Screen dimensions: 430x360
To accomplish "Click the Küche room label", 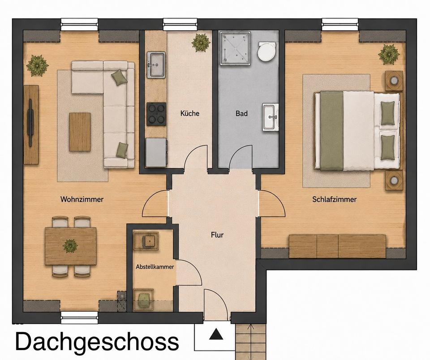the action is pos(190,113).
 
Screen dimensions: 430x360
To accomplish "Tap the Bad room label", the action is pos(241,113).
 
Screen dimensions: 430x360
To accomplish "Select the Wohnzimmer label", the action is pos(82,199).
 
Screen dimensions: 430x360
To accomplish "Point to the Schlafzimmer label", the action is pos(334,199).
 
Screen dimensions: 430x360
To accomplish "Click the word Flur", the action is pos(217,235).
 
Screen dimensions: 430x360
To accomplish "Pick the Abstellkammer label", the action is pos(155,267).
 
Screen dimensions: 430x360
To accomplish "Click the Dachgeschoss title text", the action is pos(97,341).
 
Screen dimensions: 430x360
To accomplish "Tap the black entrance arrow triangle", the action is pos(216,334).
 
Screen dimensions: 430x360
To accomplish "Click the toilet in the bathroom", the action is pos(267,51).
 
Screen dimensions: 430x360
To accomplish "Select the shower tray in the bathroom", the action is pos(235,48).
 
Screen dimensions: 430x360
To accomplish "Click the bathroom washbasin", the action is pos(271,117).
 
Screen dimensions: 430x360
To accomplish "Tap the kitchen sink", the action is pos(156,65).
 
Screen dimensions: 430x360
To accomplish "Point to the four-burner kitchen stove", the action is pos(156,114).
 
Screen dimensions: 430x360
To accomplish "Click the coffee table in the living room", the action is pos(80,132).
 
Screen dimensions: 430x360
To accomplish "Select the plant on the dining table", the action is pos(70,246).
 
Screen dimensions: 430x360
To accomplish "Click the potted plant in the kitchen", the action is pos(201,43).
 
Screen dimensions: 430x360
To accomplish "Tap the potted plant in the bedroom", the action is pos(389,54).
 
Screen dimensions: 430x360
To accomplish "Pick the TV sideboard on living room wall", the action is pos(31,124).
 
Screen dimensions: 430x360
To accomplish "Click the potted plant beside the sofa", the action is pos(37,65).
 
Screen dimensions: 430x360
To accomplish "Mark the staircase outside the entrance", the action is pos(251,342).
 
